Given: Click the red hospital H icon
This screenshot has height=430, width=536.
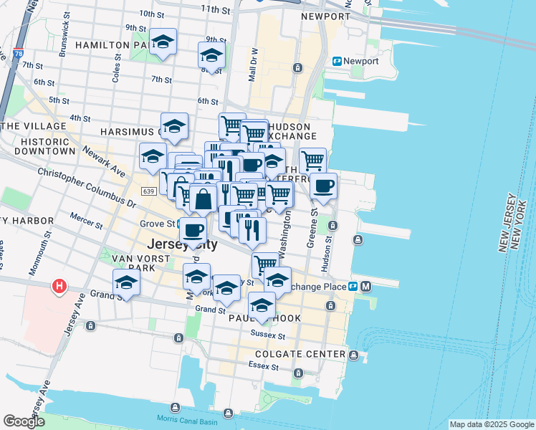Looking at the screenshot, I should (x=59, y=288).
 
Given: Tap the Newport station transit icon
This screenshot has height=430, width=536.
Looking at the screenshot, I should (x=336, y=62).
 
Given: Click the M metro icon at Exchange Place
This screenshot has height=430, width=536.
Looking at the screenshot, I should (x=365, y=287).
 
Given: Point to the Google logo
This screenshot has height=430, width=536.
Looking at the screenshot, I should (x=24, y=421).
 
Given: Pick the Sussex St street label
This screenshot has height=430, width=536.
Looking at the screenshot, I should (x=268, y=334).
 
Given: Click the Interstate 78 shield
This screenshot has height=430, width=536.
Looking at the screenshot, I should (x=16, y=54).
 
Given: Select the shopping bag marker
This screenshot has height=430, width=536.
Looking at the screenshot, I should (x=204, y=199).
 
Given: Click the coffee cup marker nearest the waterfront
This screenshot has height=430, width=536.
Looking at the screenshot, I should (x=323, y=186).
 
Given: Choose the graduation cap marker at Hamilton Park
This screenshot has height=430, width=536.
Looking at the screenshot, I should (x=163, y=43).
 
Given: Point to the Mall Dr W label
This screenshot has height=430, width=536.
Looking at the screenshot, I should (x=253, y=64).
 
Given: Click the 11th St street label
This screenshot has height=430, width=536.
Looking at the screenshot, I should (x=214, y=9).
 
